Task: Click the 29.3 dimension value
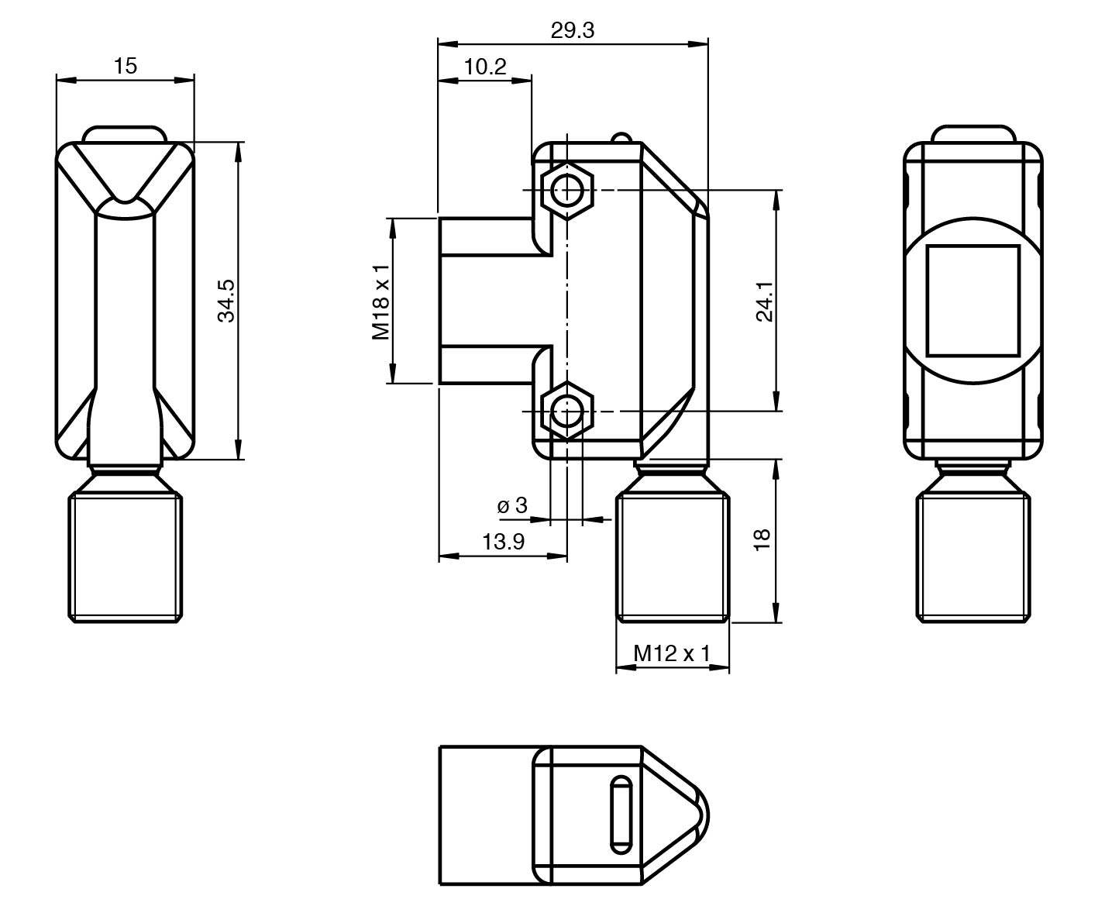[572, 30]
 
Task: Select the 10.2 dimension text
[485, 67]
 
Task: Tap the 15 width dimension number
[126, 66]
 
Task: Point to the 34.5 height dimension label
[226, 301]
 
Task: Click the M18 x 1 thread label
[380, 301]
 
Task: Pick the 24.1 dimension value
[765, 301]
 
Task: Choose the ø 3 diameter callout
[511, 505]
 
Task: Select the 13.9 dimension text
[503, 542]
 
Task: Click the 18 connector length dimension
[762, 539]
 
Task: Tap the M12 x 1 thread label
[672, 653]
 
